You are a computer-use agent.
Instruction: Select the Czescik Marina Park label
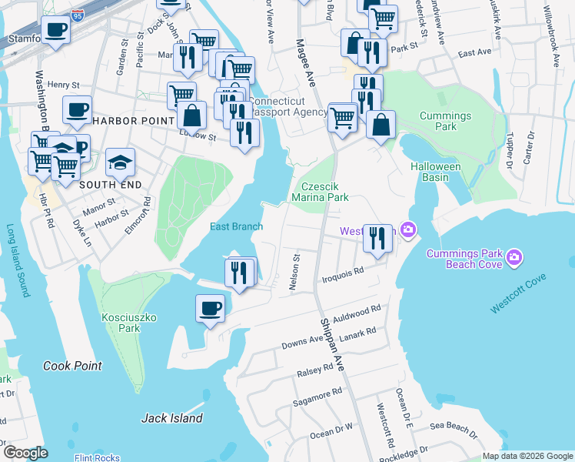[324, 192]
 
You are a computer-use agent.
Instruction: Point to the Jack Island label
[172, 418]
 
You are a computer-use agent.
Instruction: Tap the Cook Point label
[72, 366]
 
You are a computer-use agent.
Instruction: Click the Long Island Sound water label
[16, 261]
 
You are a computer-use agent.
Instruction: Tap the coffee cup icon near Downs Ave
[210, 310]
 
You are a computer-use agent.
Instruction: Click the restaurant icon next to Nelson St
[240, 273]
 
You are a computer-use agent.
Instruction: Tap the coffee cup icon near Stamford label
[55, 31]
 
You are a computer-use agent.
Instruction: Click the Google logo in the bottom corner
[25, 453]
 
